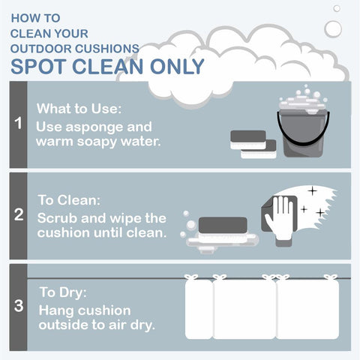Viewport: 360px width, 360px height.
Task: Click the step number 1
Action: tap(18, 123)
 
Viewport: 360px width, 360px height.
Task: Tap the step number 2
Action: tap(19, 214)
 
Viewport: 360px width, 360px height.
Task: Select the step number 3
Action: tap(19, 306)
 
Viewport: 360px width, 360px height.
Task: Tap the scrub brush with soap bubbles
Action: tap(220, 232)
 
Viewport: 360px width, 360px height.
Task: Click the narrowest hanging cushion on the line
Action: tap(199, 307)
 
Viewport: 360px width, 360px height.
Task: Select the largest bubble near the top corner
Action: tap(333, 29)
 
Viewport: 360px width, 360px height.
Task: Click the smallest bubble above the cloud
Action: tap(337, 8)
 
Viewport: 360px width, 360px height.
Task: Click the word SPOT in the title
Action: tap(38, 67)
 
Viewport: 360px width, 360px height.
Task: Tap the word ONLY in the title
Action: tap(177, 67)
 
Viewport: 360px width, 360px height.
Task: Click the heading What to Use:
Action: tap(79, 109)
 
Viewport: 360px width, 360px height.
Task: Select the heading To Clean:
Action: tap(69, 200)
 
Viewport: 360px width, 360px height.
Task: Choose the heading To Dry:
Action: tap(63, 292)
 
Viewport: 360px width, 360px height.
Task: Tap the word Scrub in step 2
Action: tap(57, 218)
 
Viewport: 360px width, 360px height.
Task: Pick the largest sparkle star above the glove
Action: tap(312, 191)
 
